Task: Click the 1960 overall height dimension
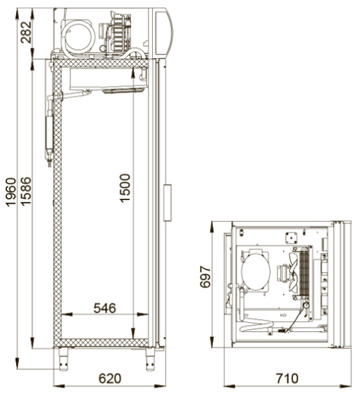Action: click(11, 192)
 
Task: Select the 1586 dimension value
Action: click(26, 191)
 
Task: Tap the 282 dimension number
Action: click(26, 32)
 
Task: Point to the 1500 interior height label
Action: click(125, 188)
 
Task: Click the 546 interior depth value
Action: click(105, 308)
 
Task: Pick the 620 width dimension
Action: click(110, 378)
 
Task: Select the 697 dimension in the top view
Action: click(205, 277)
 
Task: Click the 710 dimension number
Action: click(287, 378)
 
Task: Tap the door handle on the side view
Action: click(168, 203)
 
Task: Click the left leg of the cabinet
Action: click(63, 359)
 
